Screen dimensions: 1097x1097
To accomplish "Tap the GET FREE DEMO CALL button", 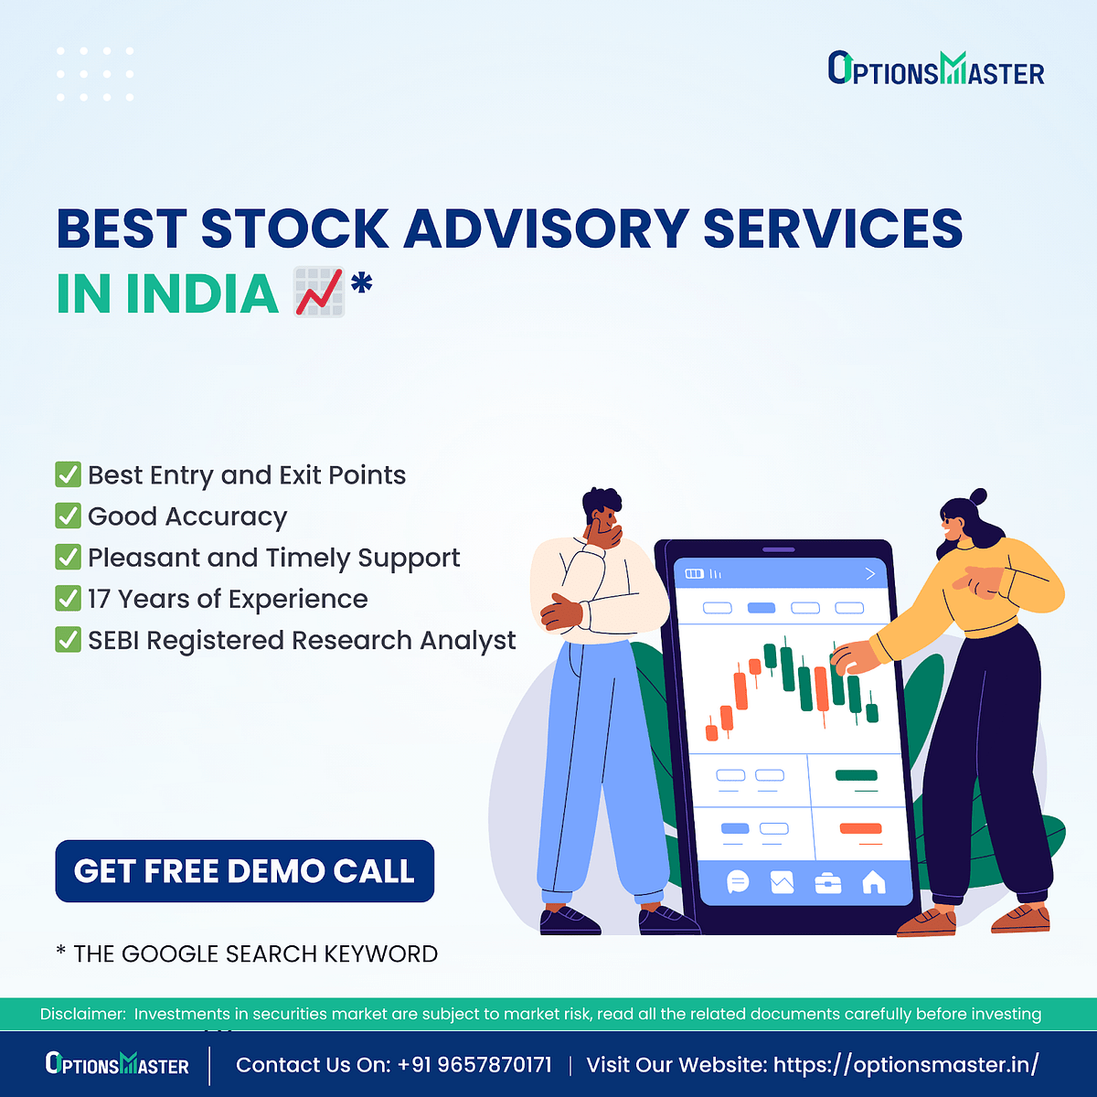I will point(244,871).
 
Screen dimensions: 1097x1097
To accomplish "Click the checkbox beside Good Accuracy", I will point(69,517).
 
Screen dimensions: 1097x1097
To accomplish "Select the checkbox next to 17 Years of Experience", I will point(69,599).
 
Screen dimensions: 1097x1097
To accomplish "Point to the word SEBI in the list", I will point(113,641).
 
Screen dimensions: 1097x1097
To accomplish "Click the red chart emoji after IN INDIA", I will point(319,293).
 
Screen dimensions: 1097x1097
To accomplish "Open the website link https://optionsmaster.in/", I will point(905,1065).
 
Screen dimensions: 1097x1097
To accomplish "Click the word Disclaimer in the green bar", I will point(82,1014).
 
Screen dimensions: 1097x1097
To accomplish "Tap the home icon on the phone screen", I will point(874,881).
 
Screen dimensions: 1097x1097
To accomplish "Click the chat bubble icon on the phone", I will point(738,881).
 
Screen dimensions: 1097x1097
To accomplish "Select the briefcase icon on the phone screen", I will point(828,882).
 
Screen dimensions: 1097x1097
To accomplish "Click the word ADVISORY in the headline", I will point(545,229).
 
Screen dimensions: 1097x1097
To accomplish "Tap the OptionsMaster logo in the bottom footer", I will point(117,1065).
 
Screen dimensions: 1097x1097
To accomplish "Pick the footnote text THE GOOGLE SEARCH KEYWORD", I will point(255,954).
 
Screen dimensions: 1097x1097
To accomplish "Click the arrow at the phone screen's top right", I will point(869,573).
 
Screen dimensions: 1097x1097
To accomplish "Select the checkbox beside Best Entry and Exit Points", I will point(69,475).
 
